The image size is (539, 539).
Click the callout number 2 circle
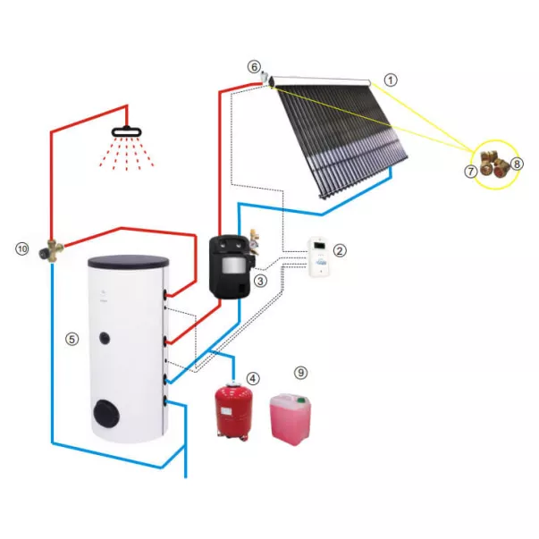pyautogui.click(x=340, y=251)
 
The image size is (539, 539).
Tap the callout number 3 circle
pyautogui.click(x=260, y=281)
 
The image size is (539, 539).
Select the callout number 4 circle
pyautogui.click(x=254, y=378)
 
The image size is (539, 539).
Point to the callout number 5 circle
pyautogui.click(x=72, y=340)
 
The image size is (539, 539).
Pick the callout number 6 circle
pyautogui.click(x=255, y=66)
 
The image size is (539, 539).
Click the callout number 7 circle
pyautogui.click(x=471, y=171)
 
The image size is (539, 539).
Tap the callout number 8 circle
pyautogui.click(x=518, y=164)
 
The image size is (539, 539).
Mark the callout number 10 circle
pyautogui.click(x=22, y=248)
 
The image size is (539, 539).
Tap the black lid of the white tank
pyautogui.click(x=127, y=261)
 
